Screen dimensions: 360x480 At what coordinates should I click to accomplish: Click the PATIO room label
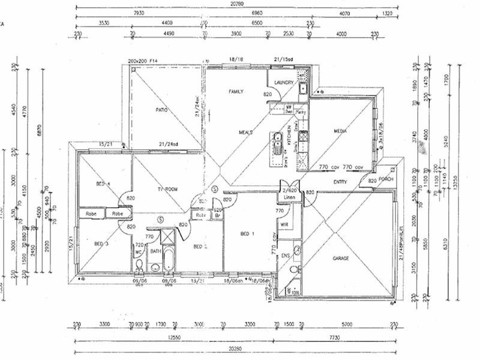(161, 110)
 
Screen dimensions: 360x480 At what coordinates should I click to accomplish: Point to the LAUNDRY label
(282, 83)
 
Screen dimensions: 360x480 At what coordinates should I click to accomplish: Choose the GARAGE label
(341, 259)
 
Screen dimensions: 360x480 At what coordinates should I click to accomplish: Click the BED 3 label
(101, 244)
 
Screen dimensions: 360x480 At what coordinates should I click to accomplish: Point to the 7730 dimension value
(339, 337)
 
